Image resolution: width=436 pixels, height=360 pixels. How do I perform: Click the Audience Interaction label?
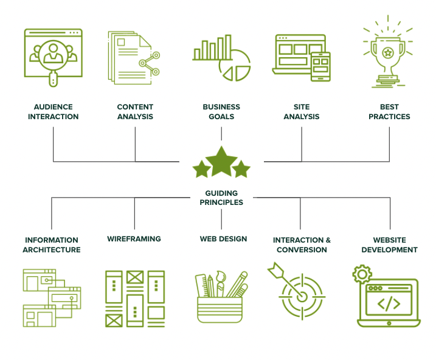click(x=54, y=112)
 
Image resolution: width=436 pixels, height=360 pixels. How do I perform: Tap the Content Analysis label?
click(x=135, y=112)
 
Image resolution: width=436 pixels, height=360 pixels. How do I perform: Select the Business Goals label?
click(x=221, y=112)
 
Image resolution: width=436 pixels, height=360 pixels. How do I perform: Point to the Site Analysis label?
click(x=301, y=112)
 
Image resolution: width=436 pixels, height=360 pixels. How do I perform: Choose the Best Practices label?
click(x=389, y=112)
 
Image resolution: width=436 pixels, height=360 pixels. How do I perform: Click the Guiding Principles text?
click(x=221, y=198)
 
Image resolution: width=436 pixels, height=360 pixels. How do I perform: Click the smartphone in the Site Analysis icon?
click(x=320, y=66)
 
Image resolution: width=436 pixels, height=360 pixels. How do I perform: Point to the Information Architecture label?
click(x=52, y=244)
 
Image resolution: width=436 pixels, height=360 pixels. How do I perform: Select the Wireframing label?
click(x=134, y=239)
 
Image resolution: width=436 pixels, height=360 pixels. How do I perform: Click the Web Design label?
click(x=223, y=239)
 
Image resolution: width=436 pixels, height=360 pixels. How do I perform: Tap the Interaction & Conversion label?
click(x=302, y=244)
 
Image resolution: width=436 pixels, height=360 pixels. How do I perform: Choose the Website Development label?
click(x=389, y=244)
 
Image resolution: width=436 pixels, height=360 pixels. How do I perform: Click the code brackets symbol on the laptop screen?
click(x=389, y=302)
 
